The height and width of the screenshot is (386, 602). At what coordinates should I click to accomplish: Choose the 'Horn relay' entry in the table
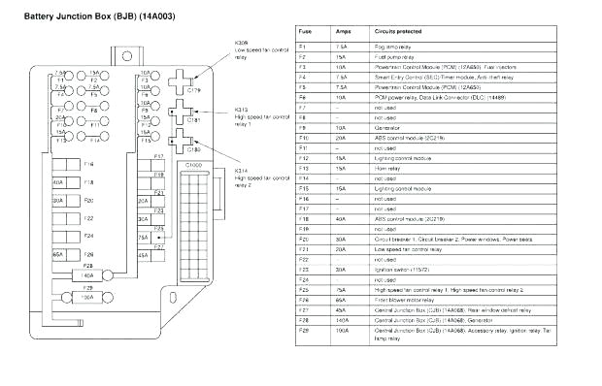(x=388, y=167)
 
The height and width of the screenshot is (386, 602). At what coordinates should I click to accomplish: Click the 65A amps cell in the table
(x=339, y=301)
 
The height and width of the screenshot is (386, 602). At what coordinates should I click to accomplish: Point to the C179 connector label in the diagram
(x=192, y=90)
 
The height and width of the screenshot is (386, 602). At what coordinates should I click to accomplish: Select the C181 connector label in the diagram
(x=192, y=121)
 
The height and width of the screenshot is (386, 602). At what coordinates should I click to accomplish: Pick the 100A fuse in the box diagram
(x=86, y=297)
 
